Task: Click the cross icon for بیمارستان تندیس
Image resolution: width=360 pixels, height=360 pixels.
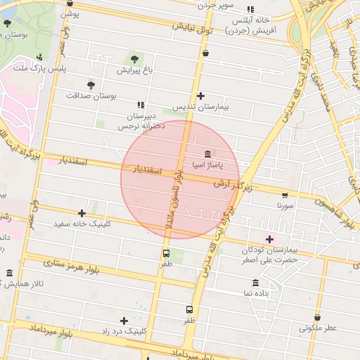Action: (x=201, y=96)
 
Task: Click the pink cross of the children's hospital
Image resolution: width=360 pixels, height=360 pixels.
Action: (x=269, y=239)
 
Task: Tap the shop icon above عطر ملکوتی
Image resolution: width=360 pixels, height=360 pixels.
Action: (x=318, y=318)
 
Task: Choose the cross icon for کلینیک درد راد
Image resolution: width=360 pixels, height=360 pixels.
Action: (x=124, y=320)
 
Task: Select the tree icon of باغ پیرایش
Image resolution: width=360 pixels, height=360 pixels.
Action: (x=134, y=58)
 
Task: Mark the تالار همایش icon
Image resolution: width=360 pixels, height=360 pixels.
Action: (x=9, y=273)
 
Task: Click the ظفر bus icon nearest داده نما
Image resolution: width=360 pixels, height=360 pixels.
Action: (x=189, y=309)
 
